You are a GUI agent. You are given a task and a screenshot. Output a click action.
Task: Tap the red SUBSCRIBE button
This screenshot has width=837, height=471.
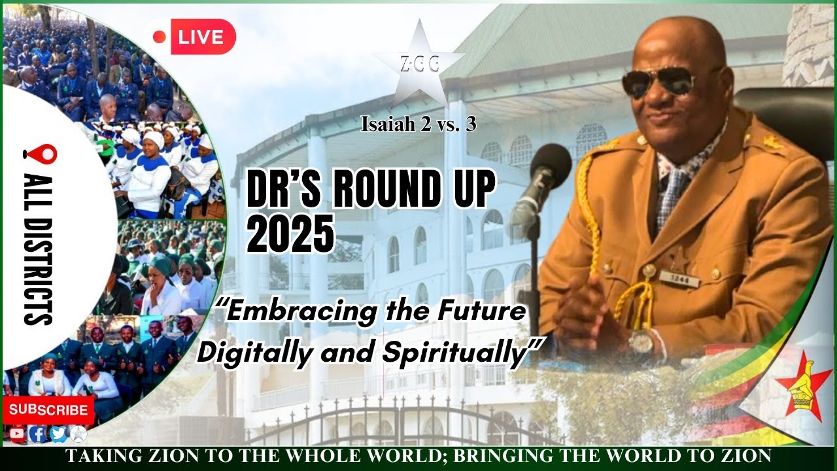[x=48, y=410]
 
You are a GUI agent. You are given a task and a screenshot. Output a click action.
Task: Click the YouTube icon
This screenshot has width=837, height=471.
[x=17, y=433]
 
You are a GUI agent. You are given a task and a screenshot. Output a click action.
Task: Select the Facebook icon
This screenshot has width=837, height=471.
[x=37, y=433]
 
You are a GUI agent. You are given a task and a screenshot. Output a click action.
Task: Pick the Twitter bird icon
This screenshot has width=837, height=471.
[x=58, y=433]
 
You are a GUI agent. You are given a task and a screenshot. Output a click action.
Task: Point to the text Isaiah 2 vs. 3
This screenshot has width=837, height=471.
[x=418, y=124]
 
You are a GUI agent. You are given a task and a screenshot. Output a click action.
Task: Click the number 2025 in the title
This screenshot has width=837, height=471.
[x=290, y=235]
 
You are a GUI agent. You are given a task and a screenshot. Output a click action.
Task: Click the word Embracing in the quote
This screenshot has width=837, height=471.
[x=298, y=313]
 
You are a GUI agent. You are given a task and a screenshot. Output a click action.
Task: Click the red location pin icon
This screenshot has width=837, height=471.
[x=40, y=154]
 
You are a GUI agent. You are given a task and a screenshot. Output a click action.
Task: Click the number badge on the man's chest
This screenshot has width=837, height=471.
[x=679, y=278]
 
